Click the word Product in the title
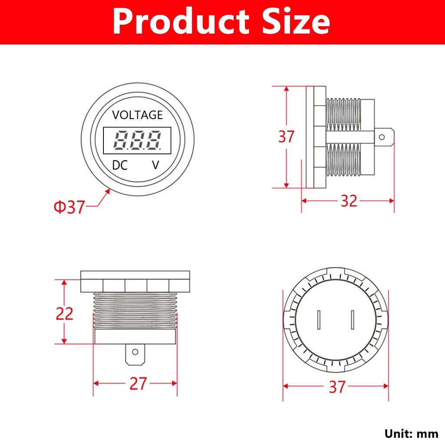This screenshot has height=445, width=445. [181, 21]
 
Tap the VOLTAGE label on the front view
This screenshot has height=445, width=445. [137, 115]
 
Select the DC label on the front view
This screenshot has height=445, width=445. [120, 165]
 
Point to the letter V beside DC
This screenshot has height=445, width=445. [156, 165]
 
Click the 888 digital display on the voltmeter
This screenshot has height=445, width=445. [137, 140]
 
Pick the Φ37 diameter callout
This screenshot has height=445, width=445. [69, 206]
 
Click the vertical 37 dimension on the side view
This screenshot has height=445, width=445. [286, 136]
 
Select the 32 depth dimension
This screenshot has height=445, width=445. [349, 201]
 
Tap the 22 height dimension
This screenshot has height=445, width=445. [64, 314]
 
